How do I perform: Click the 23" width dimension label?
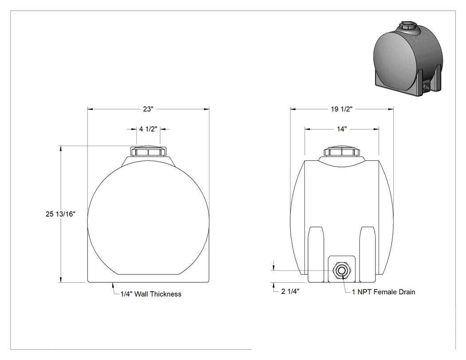point(148,109)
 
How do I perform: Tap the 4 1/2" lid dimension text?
point(148,129)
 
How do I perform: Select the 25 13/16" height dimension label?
point(60,214)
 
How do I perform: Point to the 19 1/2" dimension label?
point(341,109)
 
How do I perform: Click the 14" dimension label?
point(342,129)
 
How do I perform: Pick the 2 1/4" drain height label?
point(290,291)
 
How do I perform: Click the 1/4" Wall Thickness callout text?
point(151,294)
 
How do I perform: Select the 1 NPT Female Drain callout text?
point(384,292)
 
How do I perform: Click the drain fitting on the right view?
point(342,271)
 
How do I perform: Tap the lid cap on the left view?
point(148,151)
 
